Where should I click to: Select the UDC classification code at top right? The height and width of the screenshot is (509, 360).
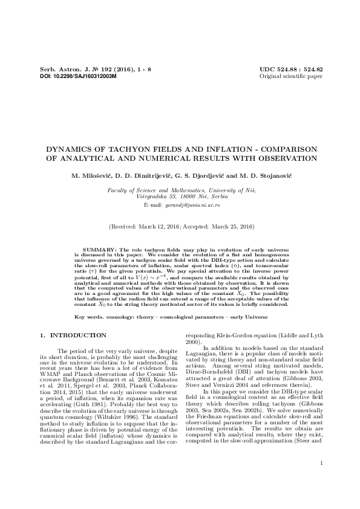[x=291, y=70]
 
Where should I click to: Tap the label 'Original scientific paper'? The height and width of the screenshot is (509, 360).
[x=291, y=77]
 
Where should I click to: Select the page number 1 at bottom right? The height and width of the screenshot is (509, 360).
[x=321, y=480]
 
